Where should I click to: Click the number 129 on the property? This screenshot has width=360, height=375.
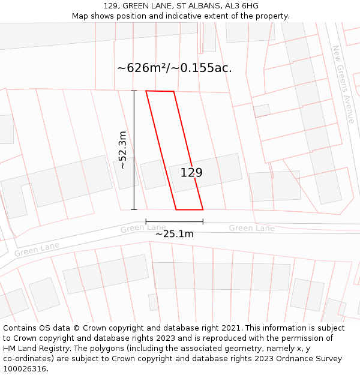(x=191, y=173)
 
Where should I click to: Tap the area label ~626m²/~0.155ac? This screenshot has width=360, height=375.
(x=174, y=68)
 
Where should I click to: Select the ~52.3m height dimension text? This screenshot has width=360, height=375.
(x=122, y=149)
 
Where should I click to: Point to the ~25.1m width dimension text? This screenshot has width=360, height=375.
(x=174, y=234)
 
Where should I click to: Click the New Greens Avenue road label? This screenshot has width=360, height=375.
(x=343, y=84)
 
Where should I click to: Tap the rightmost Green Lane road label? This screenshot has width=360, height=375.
(x=251, y=228)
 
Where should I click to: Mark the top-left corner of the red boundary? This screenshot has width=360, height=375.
(x=146, y=91)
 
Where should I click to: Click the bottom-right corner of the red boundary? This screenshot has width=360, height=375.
(x=203, y=209)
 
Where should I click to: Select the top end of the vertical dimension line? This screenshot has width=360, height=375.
(x=134, y=91)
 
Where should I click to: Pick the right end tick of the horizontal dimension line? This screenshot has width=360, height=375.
(x=203, y=221)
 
